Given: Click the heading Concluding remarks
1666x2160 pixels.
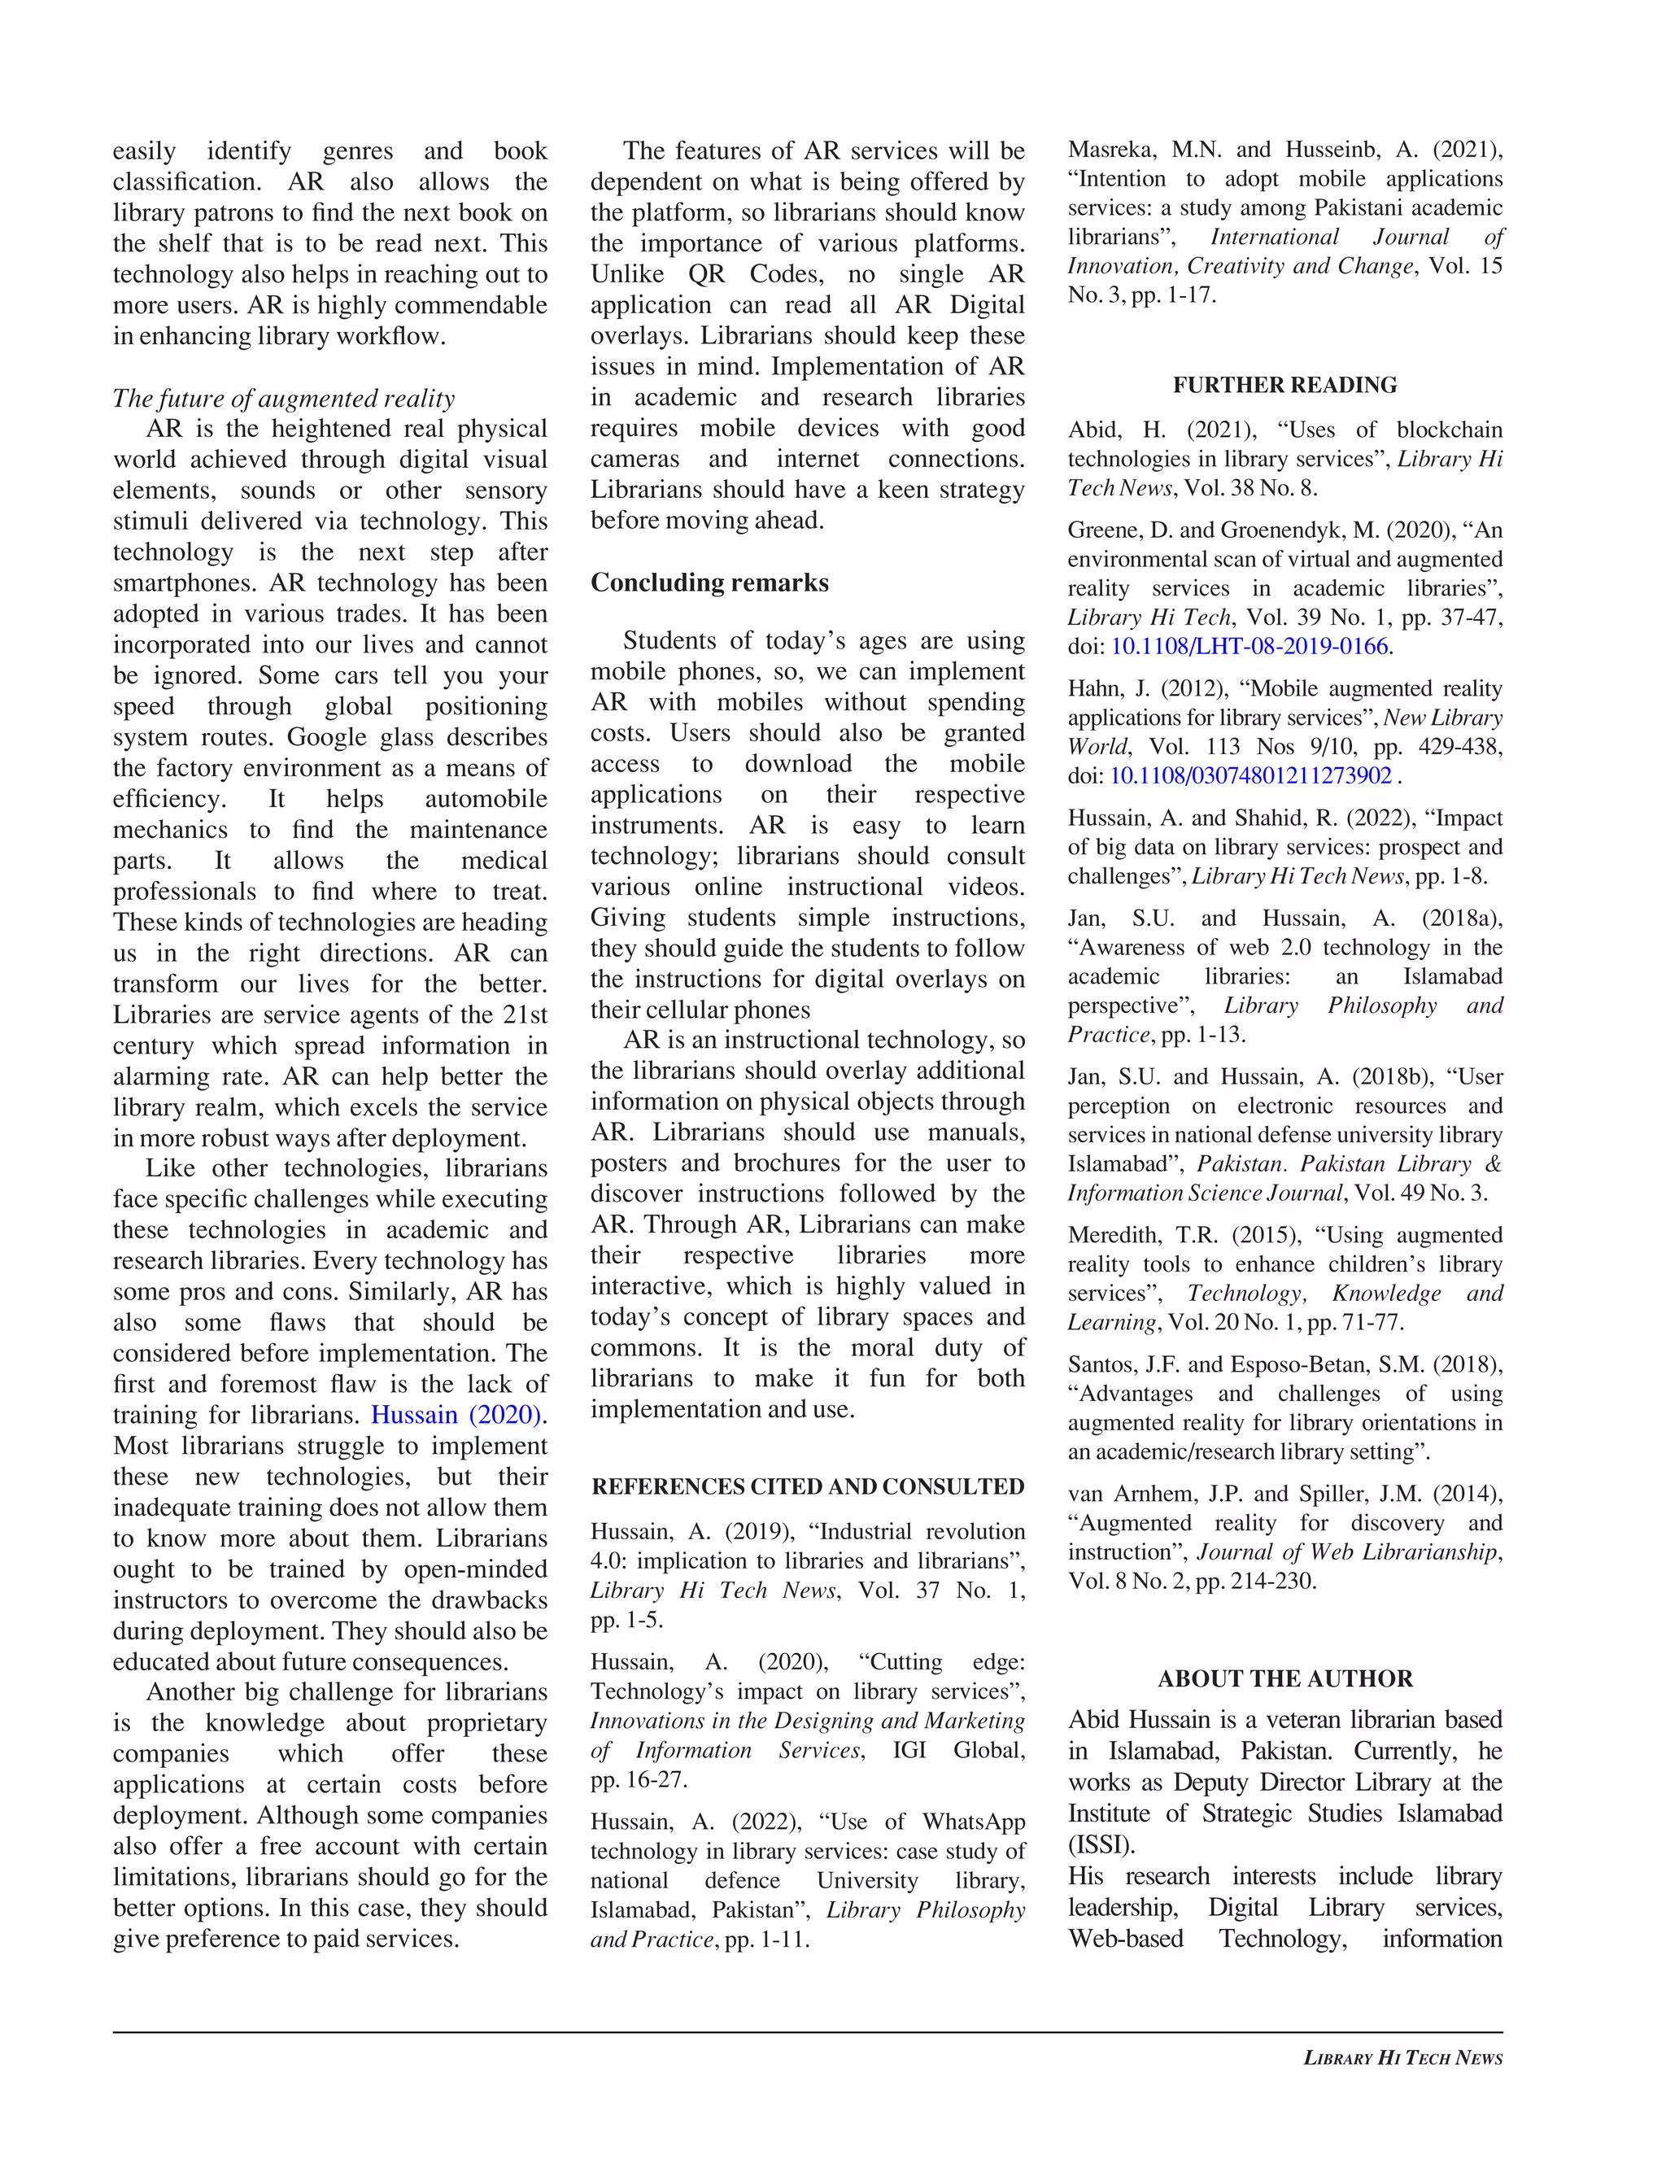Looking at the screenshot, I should click(x=709, y=583).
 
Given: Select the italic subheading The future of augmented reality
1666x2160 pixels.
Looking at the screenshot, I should click(x=284, y=399).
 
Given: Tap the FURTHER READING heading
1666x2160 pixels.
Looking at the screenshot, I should click(x=1284, y=386).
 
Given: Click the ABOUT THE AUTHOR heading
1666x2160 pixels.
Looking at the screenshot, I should click(x=1284, y=1678).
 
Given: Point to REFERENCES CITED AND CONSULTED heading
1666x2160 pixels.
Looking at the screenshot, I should click(x=807, y=1487).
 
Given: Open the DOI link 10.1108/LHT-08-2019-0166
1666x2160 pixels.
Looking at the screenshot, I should click(x=1249, y=647).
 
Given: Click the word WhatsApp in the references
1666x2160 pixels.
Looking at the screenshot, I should click(x=973, y=1822).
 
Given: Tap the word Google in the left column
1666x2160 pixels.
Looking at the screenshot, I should click(x=331, y=738).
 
